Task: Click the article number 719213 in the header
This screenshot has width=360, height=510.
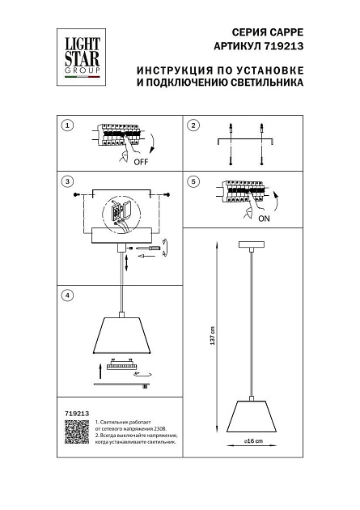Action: (x=280, y=48)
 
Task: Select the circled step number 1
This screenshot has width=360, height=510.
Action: (x=67, y=125)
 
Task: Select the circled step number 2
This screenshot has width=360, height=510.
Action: (x=193, y=125)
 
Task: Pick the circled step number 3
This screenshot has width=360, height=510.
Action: (x=67, y=181)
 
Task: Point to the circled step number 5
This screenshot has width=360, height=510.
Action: (x=193, y=181)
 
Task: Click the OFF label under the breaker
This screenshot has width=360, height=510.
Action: (x=140, y=161)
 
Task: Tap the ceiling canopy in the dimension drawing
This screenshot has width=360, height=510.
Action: (x=255, y=246)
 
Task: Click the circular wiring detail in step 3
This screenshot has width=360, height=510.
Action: (x=122, y=213)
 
